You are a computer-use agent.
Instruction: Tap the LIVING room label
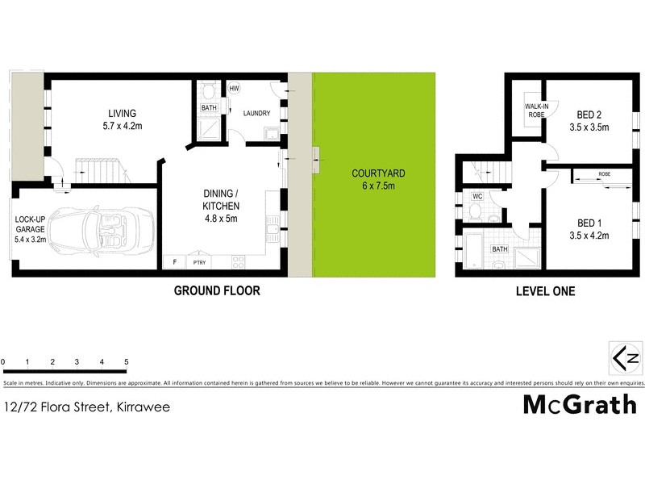(123, 113)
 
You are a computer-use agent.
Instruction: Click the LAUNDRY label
(256, 114)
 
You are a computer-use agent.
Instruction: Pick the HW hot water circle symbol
(235, 89)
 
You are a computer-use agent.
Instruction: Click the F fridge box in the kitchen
(173, 261)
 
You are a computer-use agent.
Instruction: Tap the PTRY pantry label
(198, 261)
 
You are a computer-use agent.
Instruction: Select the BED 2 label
(591, 114)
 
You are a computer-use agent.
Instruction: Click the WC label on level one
(477, 196)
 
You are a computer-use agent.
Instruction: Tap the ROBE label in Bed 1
(604, 173)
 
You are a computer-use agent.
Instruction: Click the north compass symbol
(626, 357)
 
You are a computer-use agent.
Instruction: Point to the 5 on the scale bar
(127, 361)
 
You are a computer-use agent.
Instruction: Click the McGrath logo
(580, 404)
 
